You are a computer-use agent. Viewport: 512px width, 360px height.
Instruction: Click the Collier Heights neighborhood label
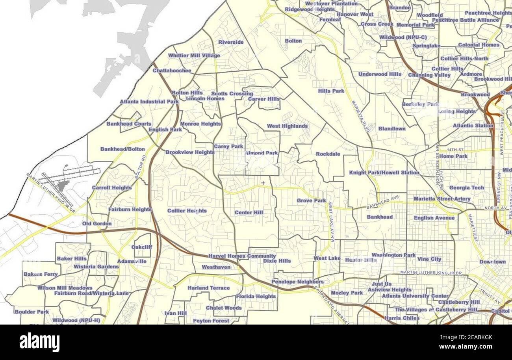point(187,211)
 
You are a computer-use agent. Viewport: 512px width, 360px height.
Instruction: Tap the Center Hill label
point(249,213)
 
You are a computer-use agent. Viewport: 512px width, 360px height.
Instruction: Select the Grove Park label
point(311,200)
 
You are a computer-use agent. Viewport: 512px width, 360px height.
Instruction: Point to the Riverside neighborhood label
point(231,42)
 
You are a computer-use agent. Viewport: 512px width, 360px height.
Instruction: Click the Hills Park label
point(331,91)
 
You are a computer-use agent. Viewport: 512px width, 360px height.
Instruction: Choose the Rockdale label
point(328,154)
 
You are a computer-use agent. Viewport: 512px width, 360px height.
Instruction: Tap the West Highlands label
point(287,126)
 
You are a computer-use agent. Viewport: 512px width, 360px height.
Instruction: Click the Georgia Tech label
point(466,188)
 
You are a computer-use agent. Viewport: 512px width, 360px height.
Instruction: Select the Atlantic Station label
point(473,126)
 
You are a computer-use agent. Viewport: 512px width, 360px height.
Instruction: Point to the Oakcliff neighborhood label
point(141,247)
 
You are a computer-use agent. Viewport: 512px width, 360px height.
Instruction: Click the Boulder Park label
point(32,312)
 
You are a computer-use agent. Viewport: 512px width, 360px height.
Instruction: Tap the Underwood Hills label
point(380,74)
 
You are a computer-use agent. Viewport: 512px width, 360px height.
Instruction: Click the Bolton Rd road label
point(140,167)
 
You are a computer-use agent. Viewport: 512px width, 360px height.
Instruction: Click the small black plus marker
point(263,183)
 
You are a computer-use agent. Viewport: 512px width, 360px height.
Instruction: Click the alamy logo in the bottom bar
point(39,342)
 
